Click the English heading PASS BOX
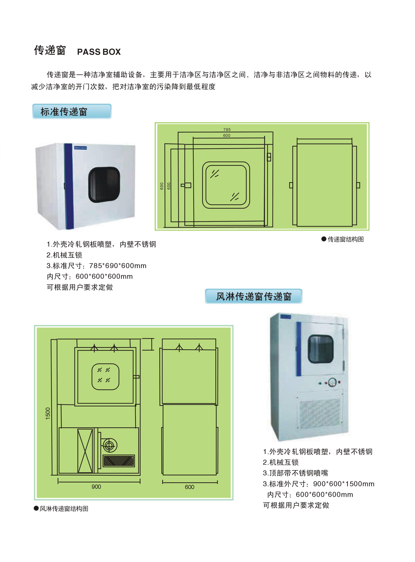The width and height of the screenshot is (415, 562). coord(99,52)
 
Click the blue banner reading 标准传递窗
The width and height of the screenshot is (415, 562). coord(72,111)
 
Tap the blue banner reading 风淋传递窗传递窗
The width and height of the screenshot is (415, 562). coord(253,296)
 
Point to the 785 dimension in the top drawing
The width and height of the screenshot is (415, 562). coord(227,130)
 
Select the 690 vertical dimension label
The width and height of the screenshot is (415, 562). coord(162,186)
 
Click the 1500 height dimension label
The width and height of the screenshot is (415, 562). coord(48,413)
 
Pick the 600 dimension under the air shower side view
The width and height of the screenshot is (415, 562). coord(189,487)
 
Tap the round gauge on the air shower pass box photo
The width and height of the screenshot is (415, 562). coord(332,382)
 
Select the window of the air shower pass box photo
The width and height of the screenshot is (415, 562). coord(321,349)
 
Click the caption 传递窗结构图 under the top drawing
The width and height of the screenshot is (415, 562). coord(345,239)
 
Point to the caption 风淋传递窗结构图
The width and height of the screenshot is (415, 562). coord(64,509)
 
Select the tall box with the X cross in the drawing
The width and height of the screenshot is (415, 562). coord(85,451)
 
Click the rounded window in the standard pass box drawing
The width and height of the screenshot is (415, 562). coord(226,185)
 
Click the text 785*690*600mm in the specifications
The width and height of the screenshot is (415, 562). coord(118,266)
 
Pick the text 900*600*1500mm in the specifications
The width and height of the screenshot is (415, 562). coord(343,484)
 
